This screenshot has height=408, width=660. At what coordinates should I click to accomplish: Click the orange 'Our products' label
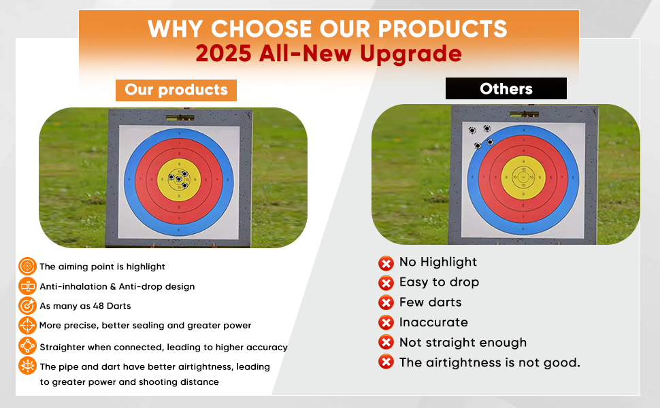pos(176,90)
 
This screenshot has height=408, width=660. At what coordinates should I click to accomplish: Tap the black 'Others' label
pos(506,88)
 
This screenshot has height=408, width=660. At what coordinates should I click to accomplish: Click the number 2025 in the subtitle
pos(223,54)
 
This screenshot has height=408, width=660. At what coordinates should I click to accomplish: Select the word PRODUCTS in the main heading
pos(442,29)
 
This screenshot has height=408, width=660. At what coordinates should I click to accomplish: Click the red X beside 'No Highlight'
pos(386,263)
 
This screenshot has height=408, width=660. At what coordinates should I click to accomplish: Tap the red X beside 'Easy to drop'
pos(386,283)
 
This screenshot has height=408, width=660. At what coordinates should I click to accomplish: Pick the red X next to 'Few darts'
pos(386,303)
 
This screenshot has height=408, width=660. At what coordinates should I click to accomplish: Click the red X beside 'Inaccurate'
pos(386,322)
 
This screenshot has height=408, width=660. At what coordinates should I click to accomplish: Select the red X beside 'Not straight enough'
pos(386,342)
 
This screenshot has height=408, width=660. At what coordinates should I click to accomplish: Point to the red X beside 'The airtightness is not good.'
pos(386,362)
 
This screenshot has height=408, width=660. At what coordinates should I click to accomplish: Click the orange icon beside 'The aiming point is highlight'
pos(27,267)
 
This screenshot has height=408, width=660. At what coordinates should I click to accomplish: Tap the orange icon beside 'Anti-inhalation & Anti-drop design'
pos(27,286)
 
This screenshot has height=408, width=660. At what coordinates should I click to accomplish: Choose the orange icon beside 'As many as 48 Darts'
pos(27,306)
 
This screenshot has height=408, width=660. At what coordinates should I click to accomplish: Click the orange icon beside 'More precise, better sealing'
pos(27,326)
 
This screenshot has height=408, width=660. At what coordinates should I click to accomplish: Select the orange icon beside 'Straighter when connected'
pos(27,346)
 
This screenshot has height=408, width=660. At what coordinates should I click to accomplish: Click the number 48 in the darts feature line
pos(99,306)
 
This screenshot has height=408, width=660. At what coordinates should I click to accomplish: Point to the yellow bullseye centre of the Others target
pos(523,177)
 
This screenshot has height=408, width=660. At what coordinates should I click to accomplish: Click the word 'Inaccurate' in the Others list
pos(433,322)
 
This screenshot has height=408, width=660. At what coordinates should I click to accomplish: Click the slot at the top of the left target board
pos(180,118)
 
